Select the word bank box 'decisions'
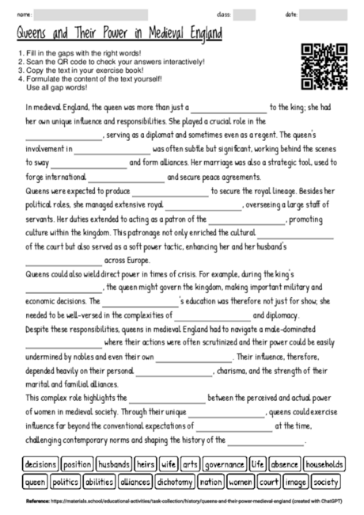(x=40, y=463)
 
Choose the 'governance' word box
(x=225, y=463)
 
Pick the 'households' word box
(x=324, y=463)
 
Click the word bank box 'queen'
(x=35, y=481)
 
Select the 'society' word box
(x=326, y=481)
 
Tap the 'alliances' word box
(x=135, y=481)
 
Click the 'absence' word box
(x=284, y=463)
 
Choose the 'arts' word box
(x=190, y=463)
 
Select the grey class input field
(x=245, y=14)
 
